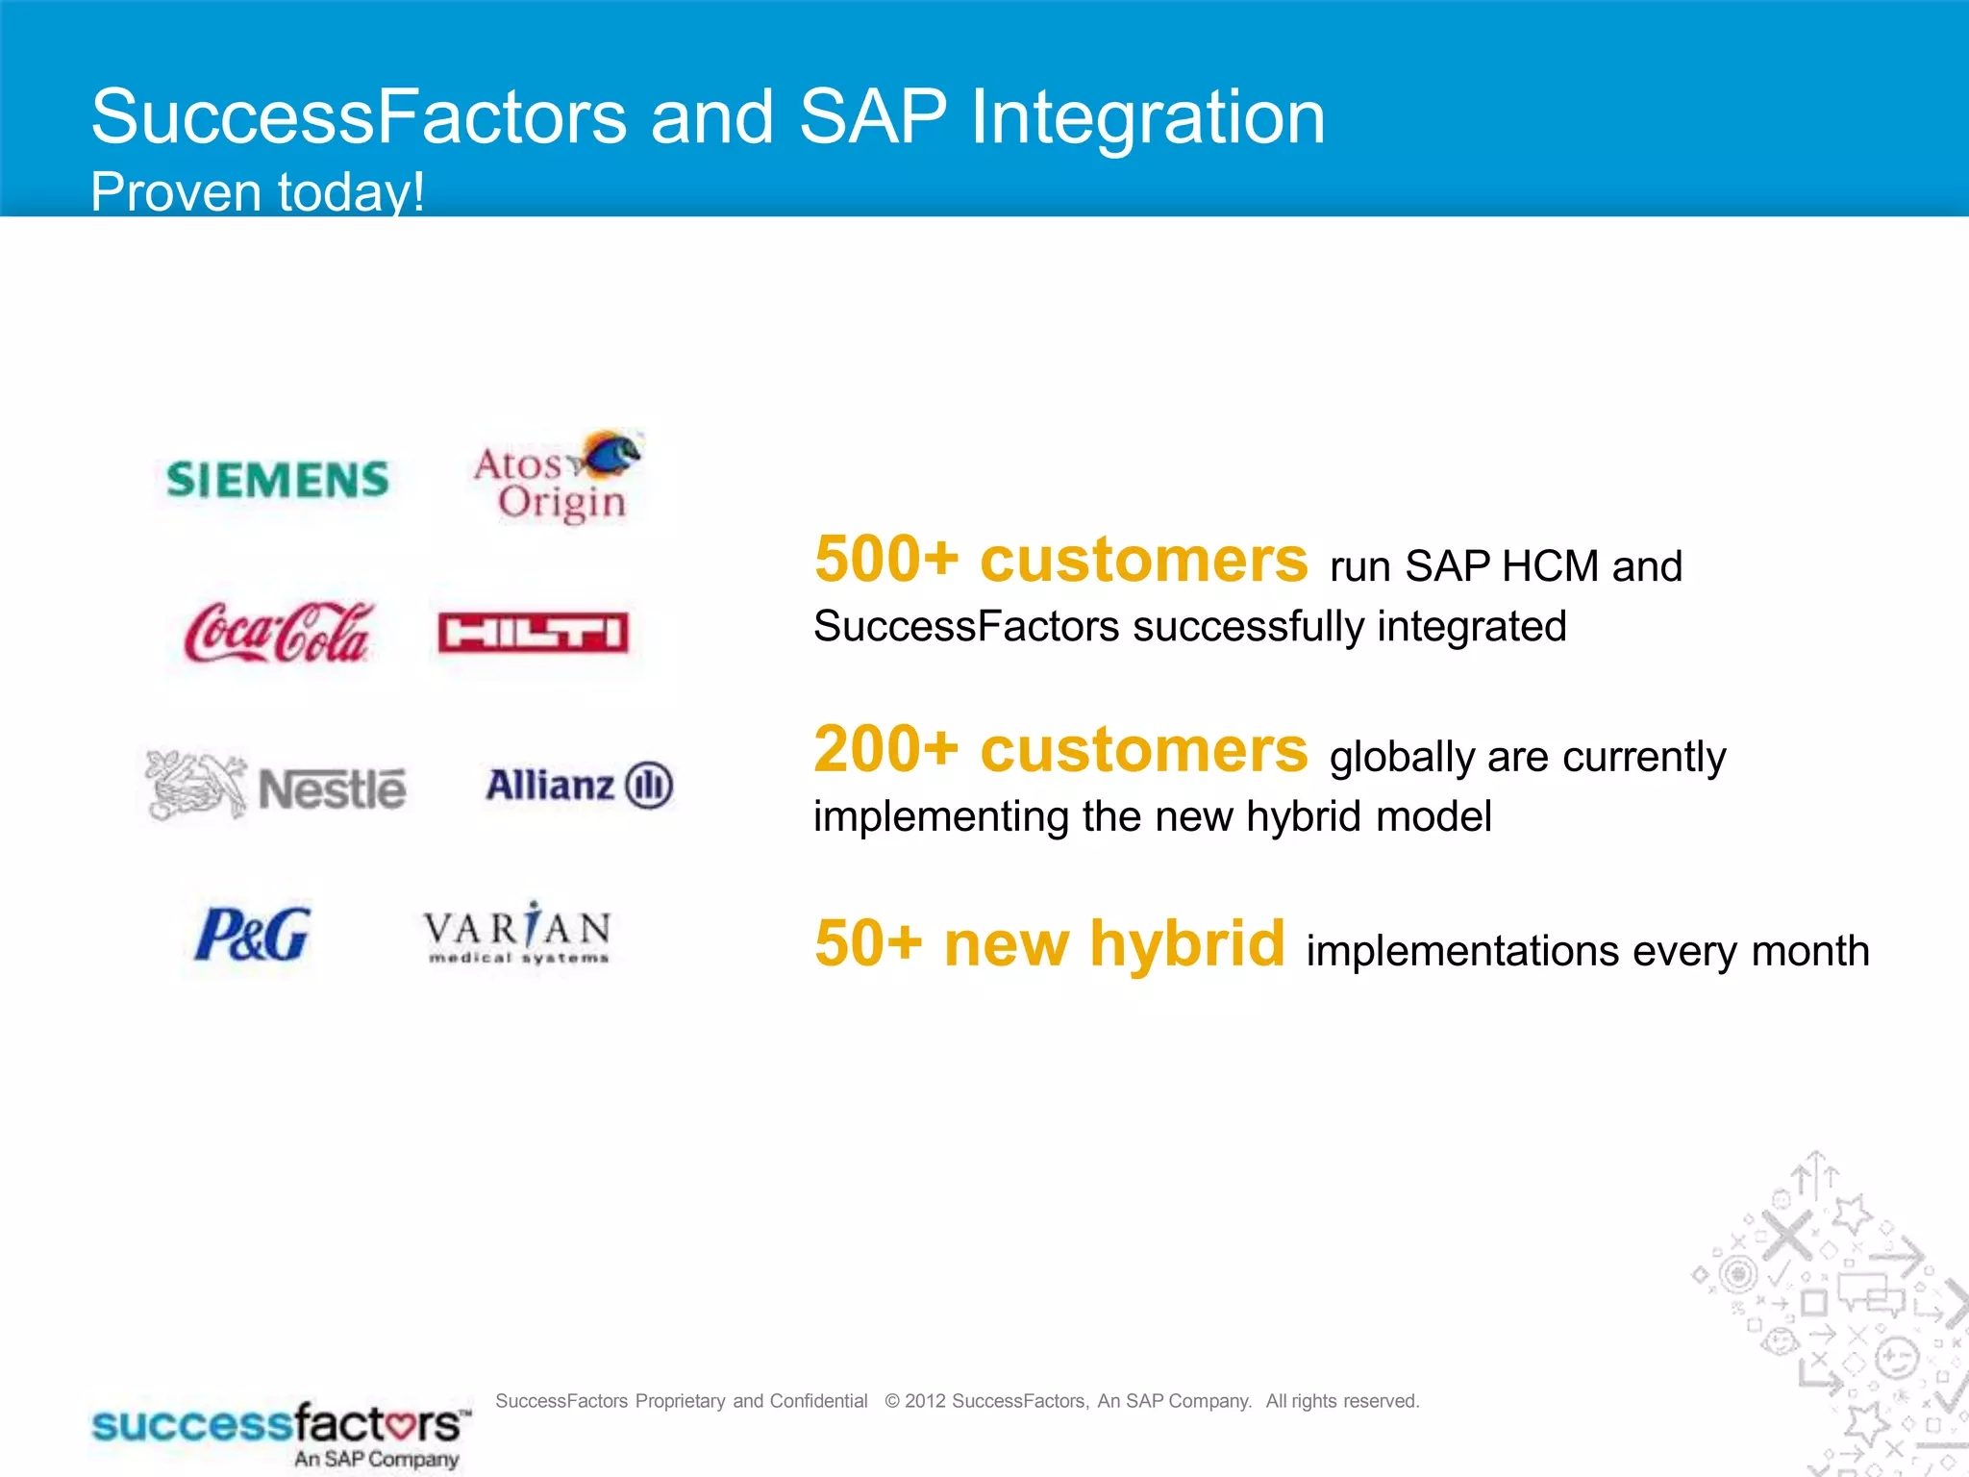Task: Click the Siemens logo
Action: click(278, 480)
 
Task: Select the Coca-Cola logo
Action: click(278, 632)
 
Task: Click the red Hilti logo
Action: click(534, 633)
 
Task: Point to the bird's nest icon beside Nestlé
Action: click(196, 785)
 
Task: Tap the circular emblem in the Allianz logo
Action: click(649, 786)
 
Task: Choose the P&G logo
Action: click(253, 934)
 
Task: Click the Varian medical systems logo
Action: click(517, 933)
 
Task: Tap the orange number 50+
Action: click(868, 943)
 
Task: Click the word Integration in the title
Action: click(1148, 117)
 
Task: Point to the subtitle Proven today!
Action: click(258, 191)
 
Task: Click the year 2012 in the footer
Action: click(926, 1401)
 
